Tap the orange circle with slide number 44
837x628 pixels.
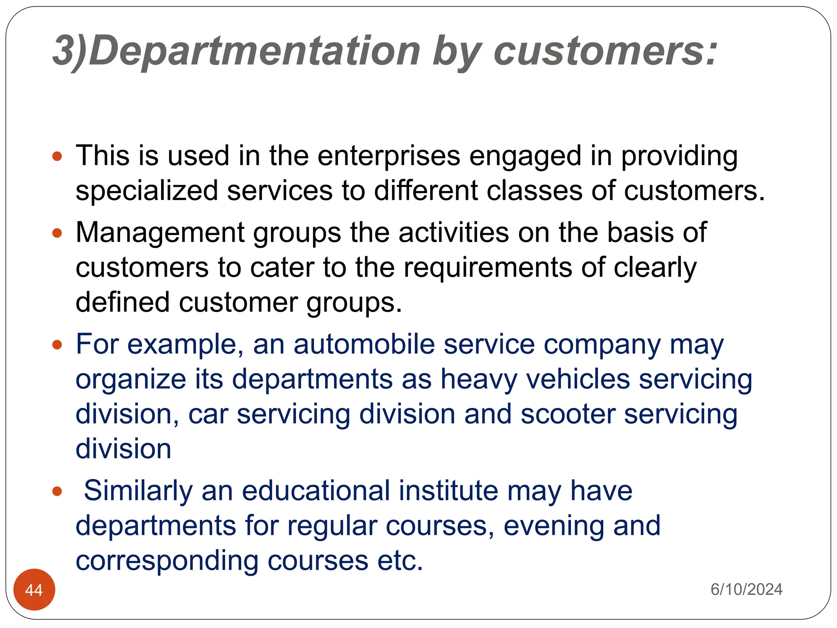click(x=34, y=589)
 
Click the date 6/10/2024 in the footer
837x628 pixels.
click(x=746, y=589)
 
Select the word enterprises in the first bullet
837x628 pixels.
click(x=389, y=156)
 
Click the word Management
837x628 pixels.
click(x=160, y=233)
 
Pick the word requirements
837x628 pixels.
click(x=488, y=268)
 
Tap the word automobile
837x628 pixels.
click(x=364, y=344)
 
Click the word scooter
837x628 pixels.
click(x=568, y=414)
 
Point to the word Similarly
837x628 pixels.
click(x=138, y=491)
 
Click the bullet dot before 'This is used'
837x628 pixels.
click(x=57, y=156)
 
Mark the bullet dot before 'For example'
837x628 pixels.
click(x=57, y=345)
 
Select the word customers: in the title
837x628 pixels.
click(x=605, y=51)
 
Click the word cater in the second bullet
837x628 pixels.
click(x=282, y=268)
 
